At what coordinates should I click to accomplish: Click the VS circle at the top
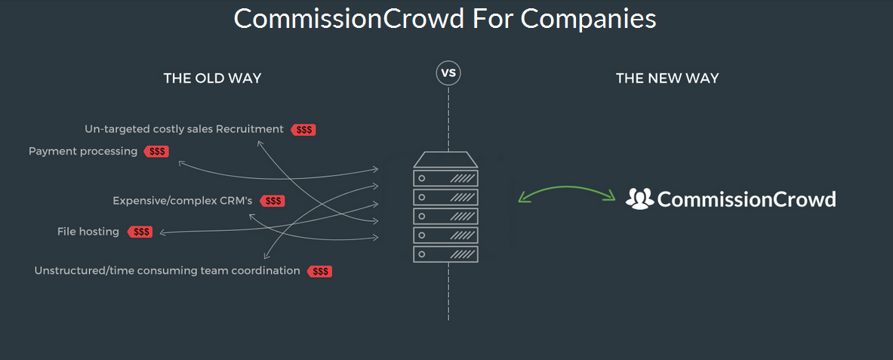pos(448,73)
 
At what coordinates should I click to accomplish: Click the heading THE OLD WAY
pos(212,78)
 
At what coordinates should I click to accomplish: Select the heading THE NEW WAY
pos(667,78)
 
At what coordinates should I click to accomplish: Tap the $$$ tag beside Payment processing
pos(157,152)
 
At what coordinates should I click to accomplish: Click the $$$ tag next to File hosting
pos(140,232)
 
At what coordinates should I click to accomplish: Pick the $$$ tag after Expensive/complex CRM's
pos(273,201)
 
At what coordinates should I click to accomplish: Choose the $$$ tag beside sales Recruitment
pos(304,130)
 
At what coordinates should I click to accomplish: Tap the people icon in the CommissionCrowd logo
pos(639,198)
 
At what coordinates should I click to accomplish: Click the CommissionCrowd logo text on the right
pos(747,199)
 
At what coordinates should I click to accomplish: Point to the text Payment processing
pos(83,152)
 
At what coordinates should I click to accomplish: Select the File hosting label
pos(88,232)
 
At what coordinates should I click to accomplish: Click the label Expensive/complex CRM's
pos(182,201)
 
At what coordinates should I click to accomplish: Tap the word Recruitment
pos(249,129)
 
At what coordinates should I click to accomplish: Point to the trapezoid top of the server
pos(445,159)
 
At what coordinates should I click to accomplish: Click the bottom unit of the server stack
pos(445,254)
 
